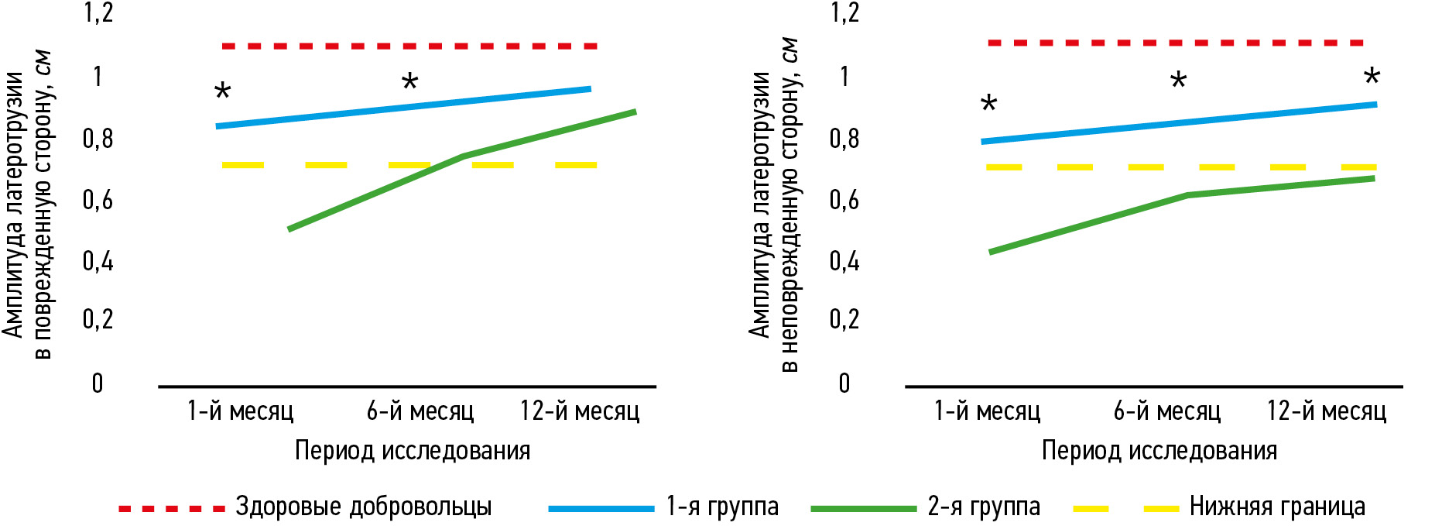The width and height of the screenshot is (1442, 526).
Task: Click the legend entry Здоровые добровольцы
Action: point(363,507)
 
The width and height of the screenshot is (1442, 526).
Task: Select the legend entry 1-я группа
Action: point(721,507)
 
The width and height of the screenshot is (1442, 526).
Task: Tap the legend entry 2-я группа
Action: point(983,507)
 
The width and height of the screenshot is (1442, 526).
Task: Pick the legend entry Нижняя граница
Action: point(1276,507)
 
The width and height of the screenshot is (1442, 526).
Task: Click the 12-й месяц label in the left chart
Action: point(580,411)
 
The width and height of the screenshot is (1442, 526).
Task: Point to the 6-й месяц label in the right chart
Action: point(1166,411)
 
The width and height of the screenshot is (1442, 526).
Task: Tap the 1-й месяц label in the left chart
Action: point(241,411)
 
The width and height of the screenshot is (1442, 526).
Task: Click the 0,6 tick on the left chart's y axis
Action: point(98,200)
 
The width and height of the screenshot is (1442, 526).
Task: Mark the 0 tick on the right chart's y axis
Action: point(844,383)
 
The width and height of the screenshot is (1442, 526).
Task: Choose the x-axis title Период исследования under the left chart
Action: point(413,451)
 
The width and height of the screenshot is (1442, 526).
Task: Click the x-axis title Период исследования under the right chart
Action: point(1159,451)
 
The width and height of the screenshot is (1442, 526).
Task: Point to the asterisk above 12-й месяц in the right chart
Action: point(1372,77)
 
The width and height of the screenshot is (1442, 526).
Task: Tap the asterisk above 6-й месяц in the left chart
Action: point(409,82)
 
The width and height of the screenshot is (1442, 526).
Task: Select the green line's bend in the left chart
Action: point(463,156)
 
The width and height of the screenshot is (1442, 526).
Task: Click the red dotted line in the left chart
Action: point(409,46)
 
